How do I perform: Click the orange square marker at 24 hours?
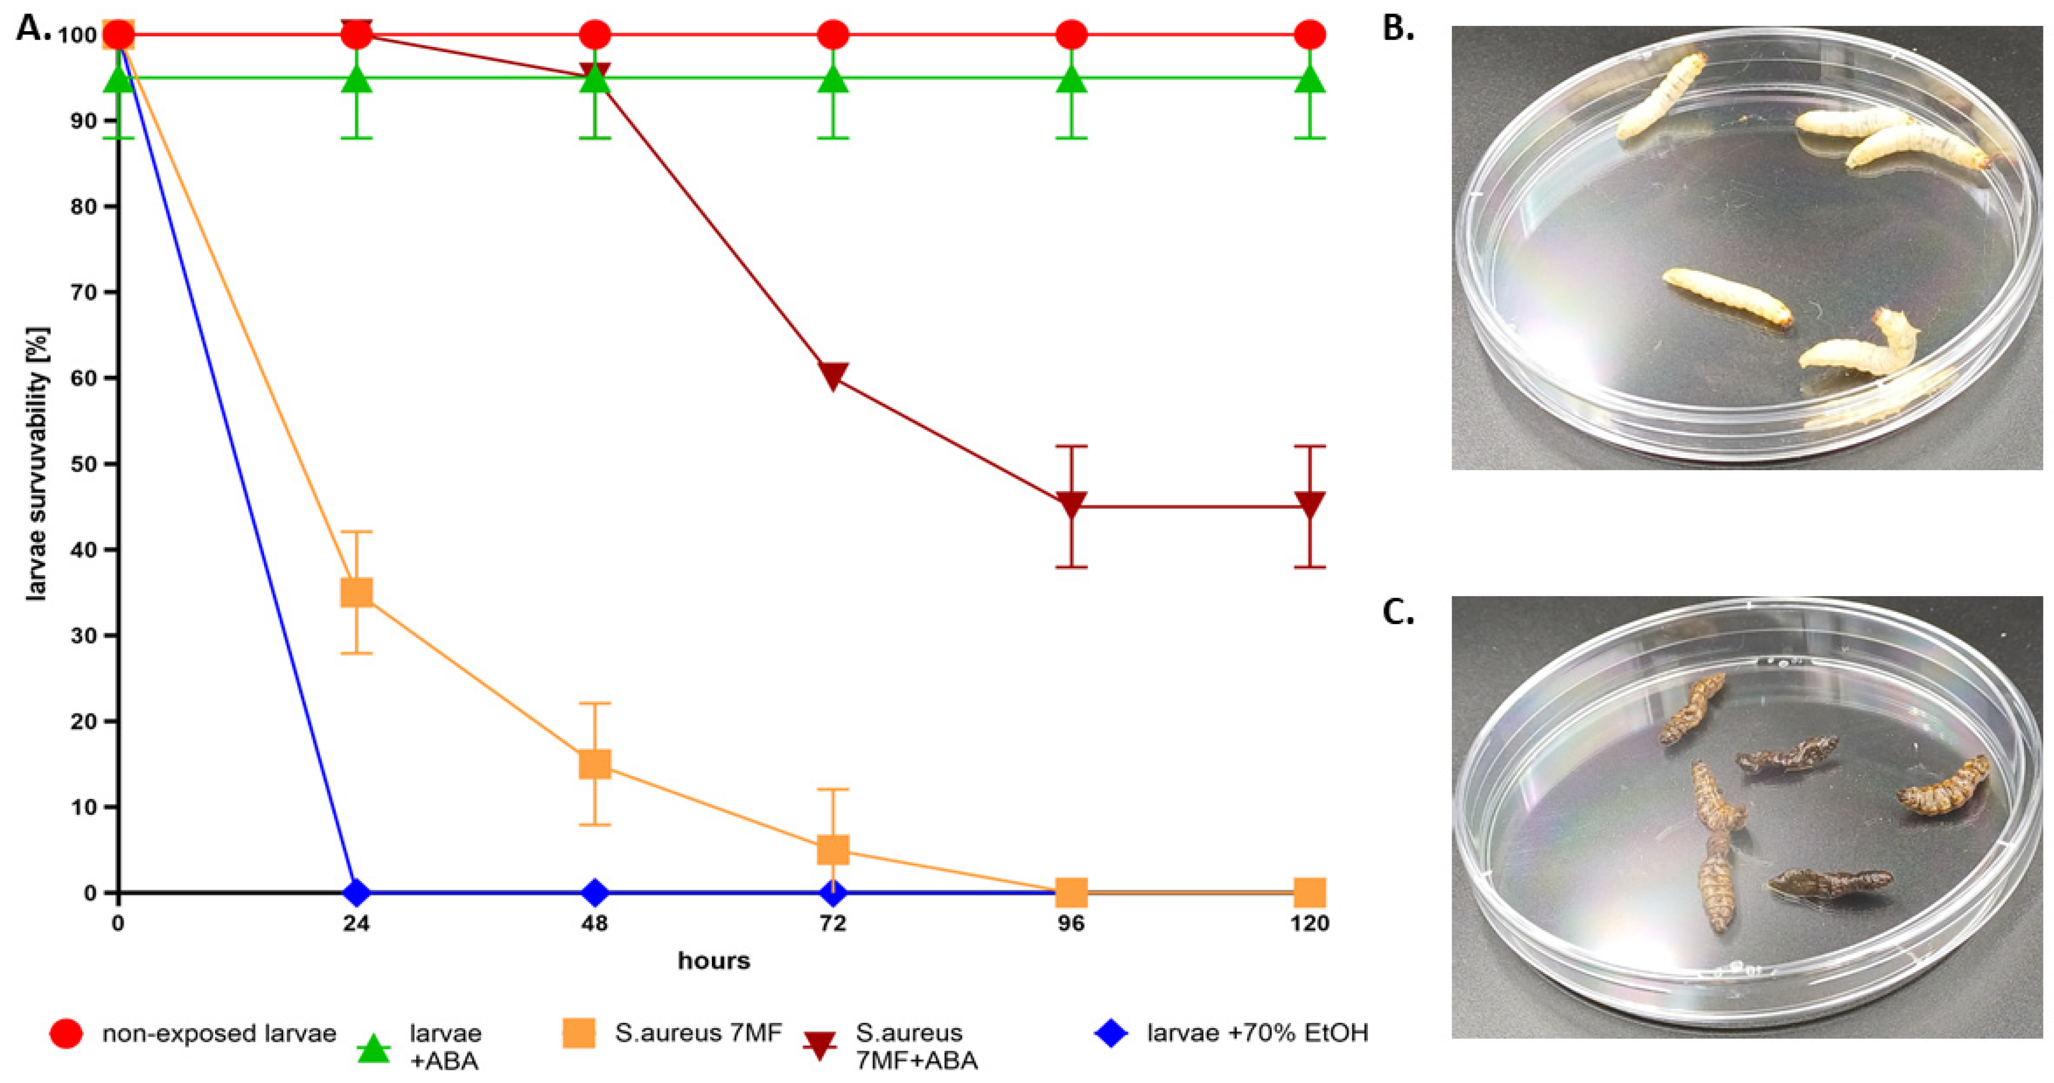[356, 592]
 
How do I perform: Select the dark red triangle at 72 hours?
[833, 375]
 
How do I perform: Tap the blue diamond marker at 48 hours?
[595, 892]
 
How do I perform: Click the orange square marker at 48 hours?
[595, 764]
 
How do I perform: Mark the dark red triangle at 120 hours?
[1310, 504]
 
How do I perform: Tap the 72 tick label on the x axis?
[833, 923]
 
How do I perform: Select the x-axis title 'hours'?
[713, 960]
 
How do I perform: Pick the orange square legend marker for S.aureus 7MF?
[579, 1033]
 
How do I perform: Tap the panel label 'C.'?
[1398, 612]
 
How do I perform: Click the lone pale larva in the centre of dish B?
[1726, 296]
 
